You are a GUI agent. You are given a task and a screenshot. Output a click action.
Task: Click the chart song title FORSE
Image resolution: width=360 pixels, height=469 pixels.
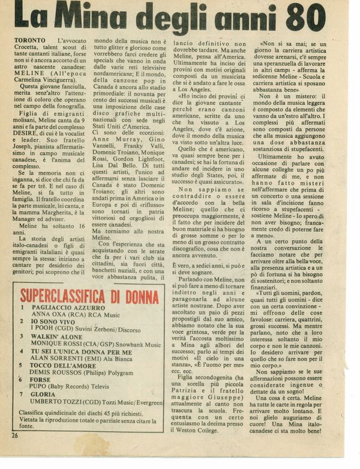pos(42,380)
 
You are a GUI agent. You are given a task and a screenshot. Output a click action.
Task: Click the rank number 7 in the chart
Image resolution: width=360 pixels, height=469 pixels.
pos(23,395)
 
